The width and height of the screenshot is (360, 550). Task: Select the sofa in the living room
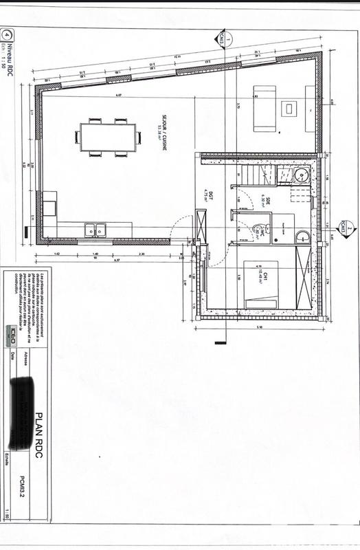pos(265,108)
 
